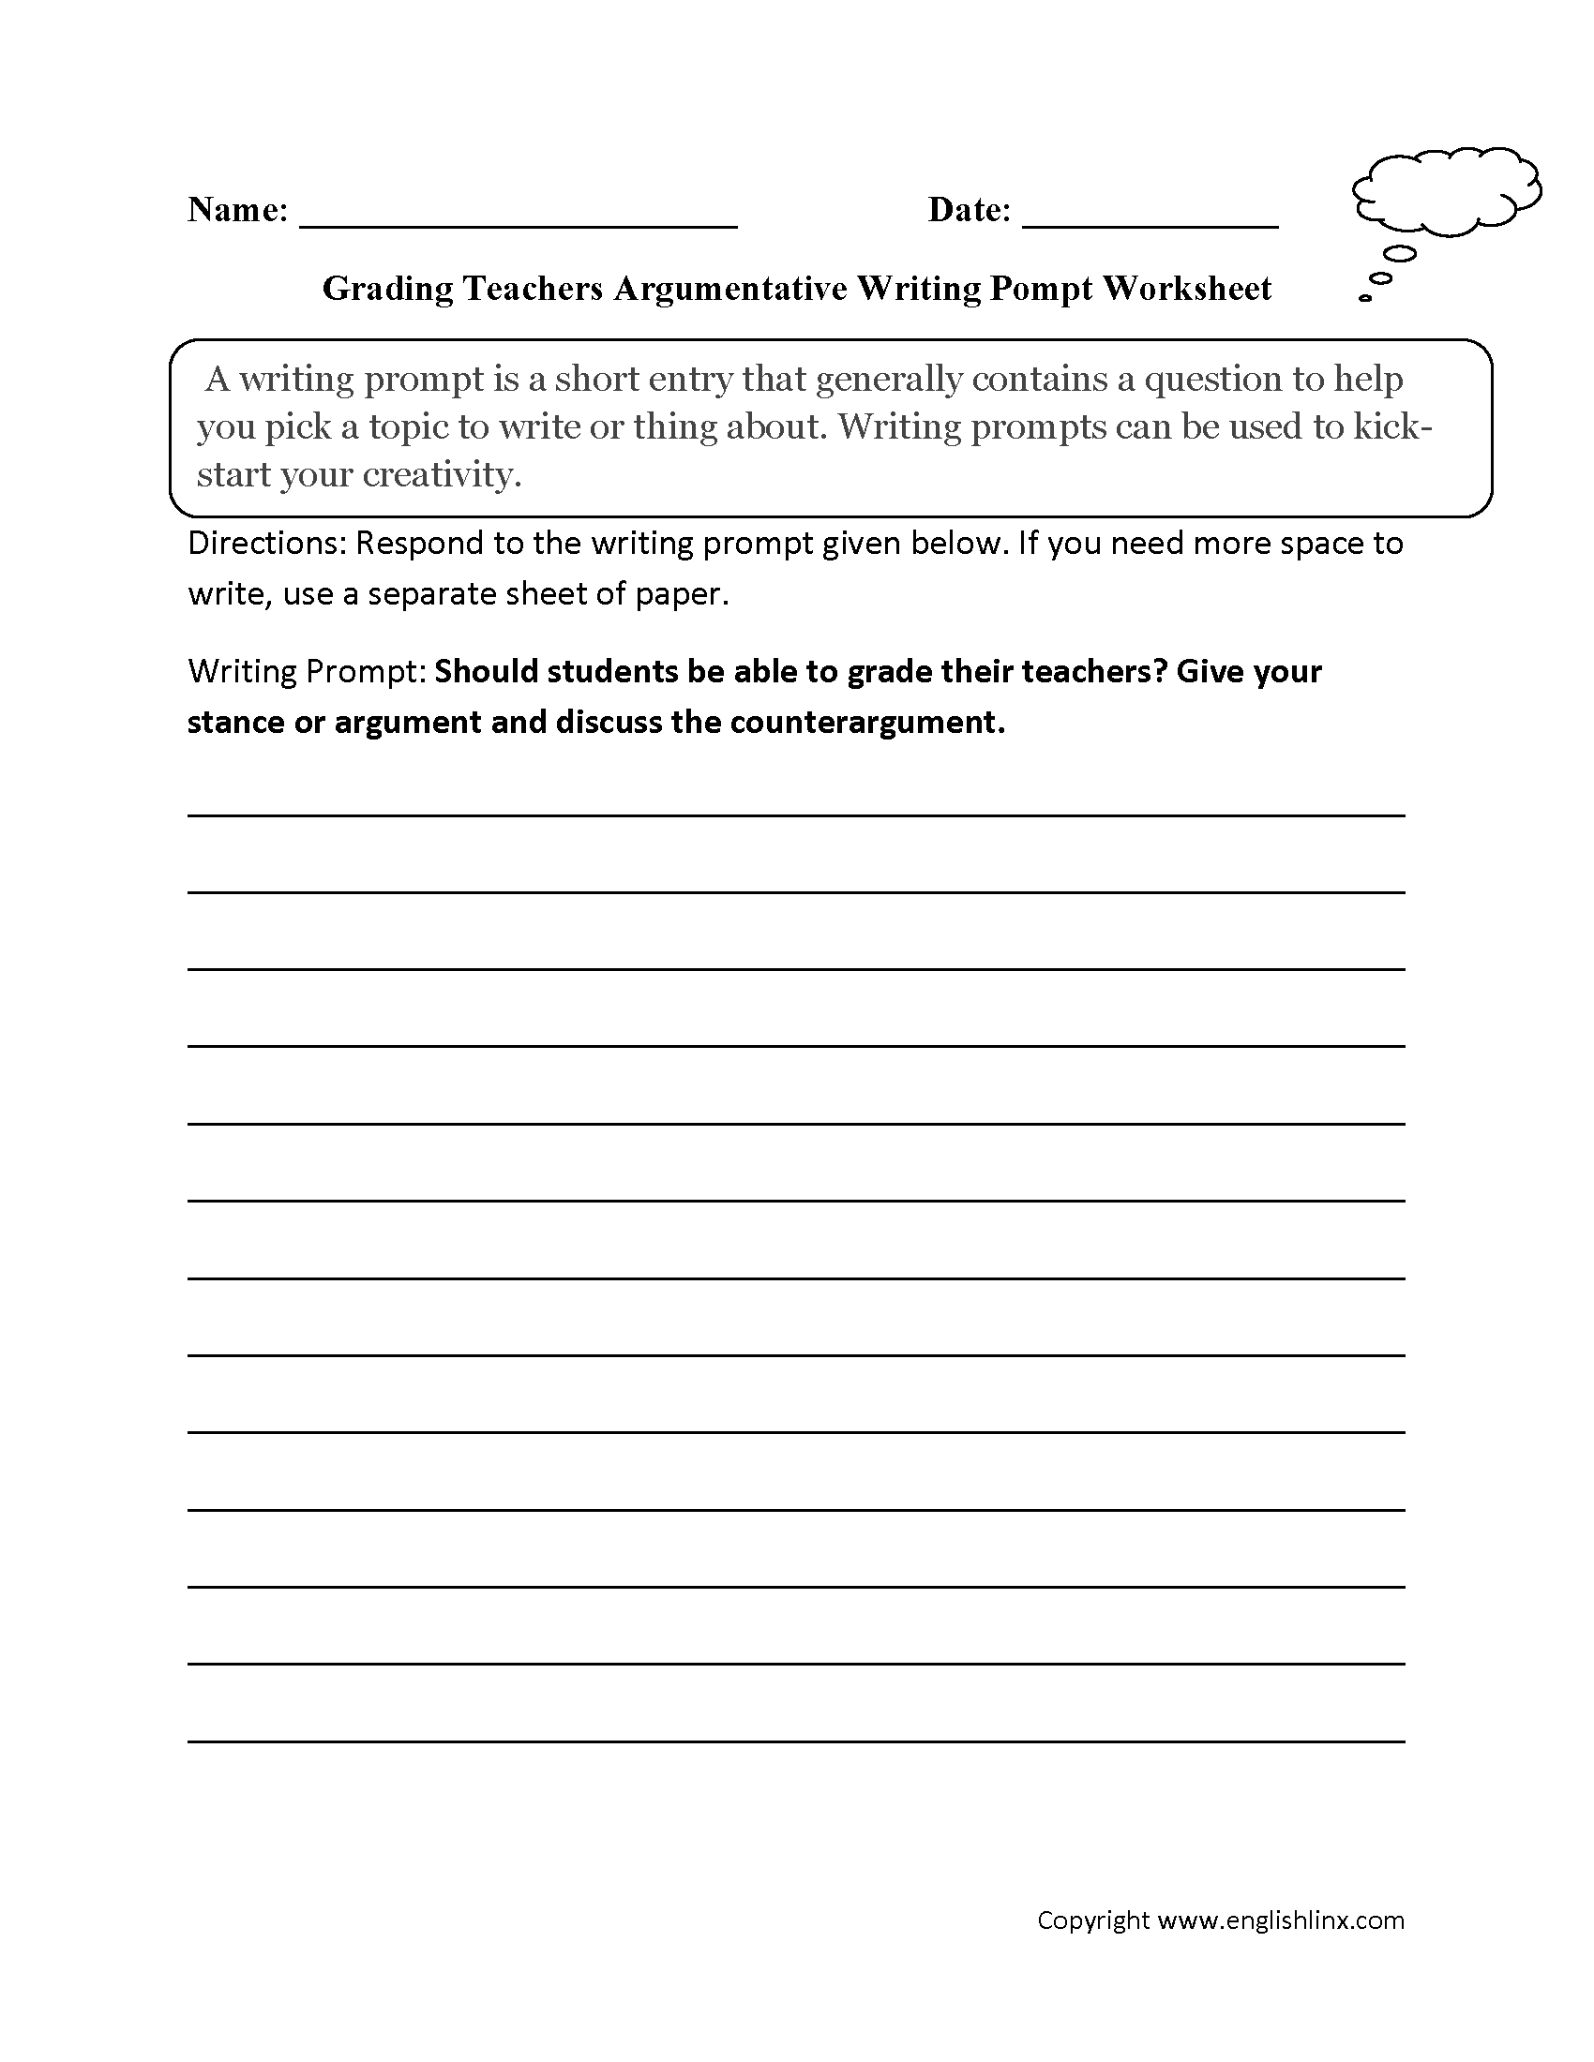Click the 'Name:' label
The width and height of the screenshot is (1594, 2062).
tap(237, 210)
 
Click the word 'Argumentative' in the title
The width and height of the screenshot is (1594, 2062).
tap(729, 288)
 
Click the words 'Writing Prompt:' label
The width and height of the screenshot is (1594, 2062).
tap(307, 671)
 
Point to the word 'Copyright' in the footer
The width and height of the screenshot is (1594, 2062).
tap(1092, 1920)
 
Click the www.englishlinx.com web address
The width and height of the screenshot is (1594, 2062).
tap(1281, 1920)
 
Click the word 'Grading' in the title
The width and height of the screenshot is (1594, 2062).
tap(388, 288)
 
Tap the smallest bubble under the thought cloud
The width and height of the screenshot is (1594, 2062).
tap(1365, 298)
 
